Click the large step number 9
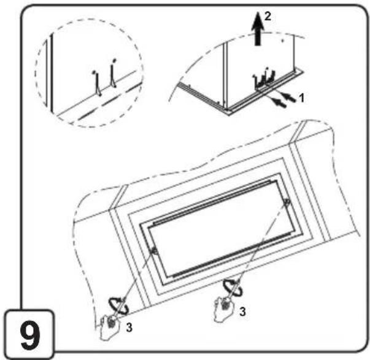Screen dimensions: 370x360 (30, 335)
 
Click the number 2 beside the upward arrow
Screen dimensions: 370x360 (268, 17)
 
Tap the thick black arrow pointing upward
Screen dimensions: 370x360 (258, 28)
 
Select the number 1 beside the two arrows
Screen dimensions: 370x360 (301, 98)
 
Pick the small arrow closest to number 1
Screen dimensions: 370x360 (289, 98)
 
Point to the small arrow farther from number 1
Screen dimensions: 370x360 (279, 102)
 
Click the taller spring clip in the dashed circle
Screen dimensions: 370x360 (114, 73)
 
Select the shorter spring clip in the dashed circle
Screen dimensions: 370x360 (97, 83)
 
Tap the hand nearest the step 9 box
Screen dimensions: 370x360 (109, 327)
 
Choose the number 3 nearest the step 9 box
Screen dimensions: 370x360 (129, 327)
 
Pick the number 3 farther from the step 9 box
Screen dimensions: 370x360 (242, 312)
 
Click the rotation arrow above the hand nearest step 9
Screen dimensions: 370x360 (118, 306)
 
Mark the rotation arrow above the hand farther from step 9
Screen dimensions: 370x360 (233, 287)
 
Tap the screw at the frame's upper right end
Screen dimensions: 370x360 (287, 202)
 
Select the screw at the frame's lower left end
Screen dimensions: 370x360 (155, 251)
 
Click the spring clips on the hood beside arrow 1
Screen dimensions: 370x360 (264, 78)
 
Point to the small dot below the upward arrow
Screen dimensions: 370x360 (282, 41)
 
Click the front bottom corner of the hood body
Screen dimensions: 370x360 (227, 110)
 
